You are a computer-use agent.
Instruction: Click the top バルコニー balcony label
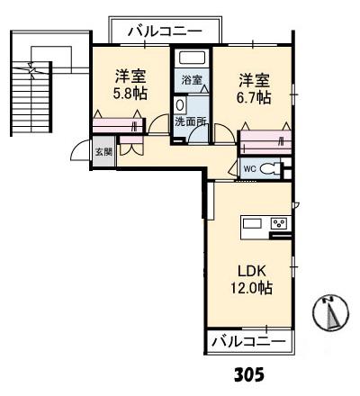tap(164, 31)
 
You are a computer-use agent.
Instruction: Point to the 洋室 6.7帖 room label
tap(251, 87)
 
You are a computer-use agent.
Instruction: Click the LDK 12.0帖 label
tap(250, 278)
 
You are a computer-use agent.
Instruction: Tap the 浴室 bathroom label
tap(191, 80)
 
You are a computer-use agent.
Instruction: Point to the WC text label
tap(250, 167)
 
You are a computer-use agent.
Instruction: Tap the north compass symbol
tap(329, 313)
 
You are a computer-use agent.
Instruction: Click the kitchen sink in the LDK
tap(251, 223)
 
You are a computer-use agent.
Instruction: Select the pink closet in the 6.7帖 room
tap(267, 139)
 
